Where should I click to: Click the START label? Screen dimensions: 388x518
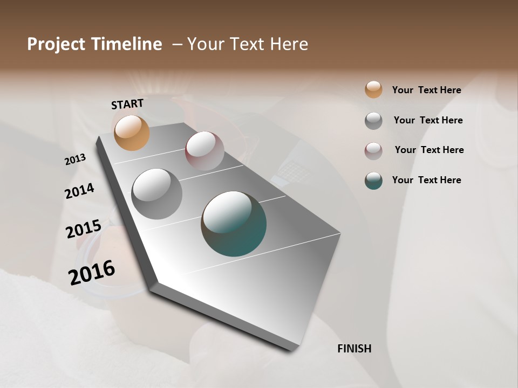[x=127, y=104]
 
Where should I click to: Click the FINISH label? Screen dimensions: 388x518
[x=354, y=349]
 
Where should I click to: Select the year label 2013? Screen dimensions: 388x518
[x=75, y=160]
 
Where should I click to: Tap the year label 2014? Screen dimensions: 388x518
[x=79, y=191]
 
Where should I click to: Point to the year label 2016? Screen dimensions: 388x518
[x=92, y=272]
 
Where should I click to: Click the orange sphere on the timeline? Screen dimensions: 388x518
[x=132, y=133]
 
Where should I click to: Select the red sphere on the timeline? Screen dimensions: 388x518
[x=205, y=150]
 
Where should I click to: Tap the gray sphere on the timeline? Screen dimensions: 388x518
[x=156, y=193]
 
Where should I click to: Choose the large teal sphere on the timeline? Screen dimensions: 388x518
[x=234, y=224]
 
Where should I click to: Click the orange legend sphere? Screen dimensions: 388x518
[x=373, y=89]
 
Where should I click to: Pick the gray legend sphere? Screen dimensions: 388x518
[x=373, y=121]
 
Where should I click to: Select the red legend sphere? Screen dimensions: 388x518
[x=373, y=151]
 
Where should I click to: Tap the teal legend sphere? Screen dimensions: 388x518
[x=373, y=181]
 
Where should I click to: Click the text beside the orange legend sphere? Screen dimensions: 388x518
[x=426, y=90]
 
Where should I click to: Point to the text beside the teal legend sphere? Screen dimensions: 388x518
[x=426, y=180]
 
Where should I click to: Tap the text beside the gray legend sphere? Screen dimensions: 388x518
[x=428, y=120]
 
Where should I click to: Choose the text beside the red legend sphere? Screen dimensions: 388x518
[x=429, y=150]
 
